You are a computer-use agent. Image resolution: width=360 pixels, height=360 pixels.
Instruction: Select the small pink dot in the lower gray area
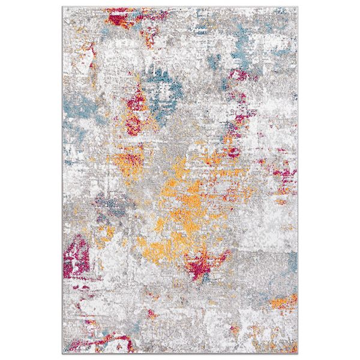198,312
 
